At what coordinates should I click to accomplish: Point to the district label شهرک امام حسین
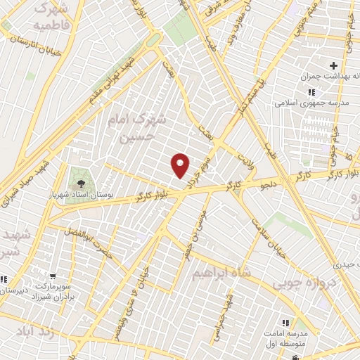138,129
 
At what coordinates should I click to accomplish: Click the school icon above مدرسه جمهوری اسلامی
311,92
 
